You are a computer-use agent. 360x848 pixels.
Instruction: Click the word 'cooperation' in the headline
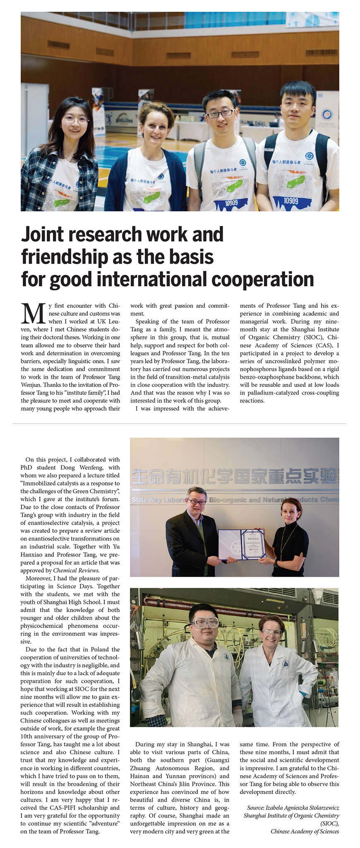pos(262,279)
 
